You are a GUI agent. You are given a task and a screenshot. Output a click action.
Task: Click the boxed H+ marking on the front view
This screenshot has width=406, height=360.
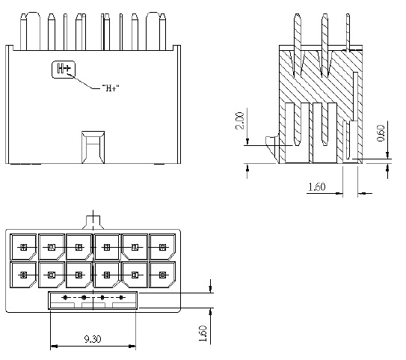pyautogui.click(x=64, y=70)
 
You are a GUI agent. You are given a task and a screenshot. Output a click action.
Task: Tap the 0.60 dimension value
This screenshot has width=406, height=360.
pyautogui.click(x=381, y=133)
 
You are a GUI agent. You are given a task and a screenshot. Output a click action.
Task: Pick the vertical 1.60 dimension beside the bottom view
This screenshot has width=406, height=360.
pyautogui.click(x=203, y=331)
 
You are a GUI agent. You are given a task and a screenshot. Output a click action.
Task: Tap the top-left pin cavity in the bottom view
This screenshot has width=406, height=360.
pyautogui.click(x=23, y=247)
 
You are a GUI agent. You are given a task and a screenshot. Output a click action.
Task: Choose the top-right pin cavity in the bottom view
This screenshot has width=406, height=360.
pyautogui.click(x=162, y=247)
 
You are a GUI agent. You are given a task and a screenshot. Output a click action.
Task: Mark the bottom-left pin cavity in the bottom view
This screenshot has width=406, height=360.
pyautogui.click(x=23, y=275)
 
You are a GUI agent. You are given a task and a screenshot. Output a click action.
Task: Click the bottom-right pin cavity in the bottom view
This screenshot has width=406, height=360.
pyautogui.click(x=162, y=275)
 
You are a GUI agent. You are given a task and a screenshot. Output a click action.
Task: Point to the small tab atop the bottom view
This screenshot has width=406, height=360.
pyautogui.click(x=93, y=222)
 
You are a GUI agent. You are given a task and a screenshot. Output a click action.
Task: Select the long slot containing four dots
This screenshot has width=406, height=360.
pyautogui.click(x=93, y=299)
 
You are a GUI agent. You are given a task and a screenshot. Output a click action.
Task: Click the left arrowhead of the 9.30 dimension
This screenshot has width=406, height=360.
pyautogui.click(x=52, y=347)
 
